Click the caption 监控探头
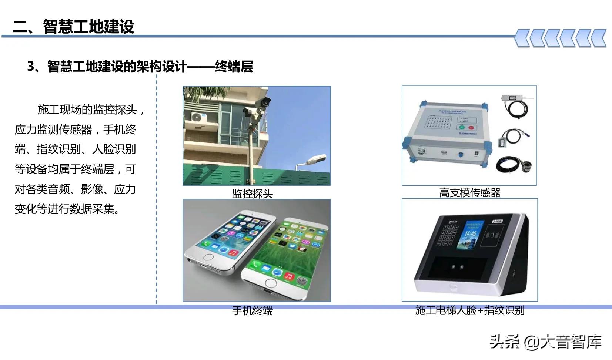pos(252,193)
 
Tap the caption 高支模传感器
pos(470,192)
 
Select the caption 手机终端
pos(252,310)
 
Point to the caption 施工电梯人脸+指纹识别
pos(470,310)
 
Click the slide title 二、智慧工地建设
pos(73,27)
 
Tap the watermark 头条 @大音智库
pos(545,342)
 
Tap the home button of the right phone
pos(271,283)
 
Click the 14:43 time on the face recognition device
pos(470,233)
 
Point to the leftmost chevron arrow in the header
pos(522,38)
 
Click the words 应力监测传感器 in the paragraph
pos(53,129)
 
